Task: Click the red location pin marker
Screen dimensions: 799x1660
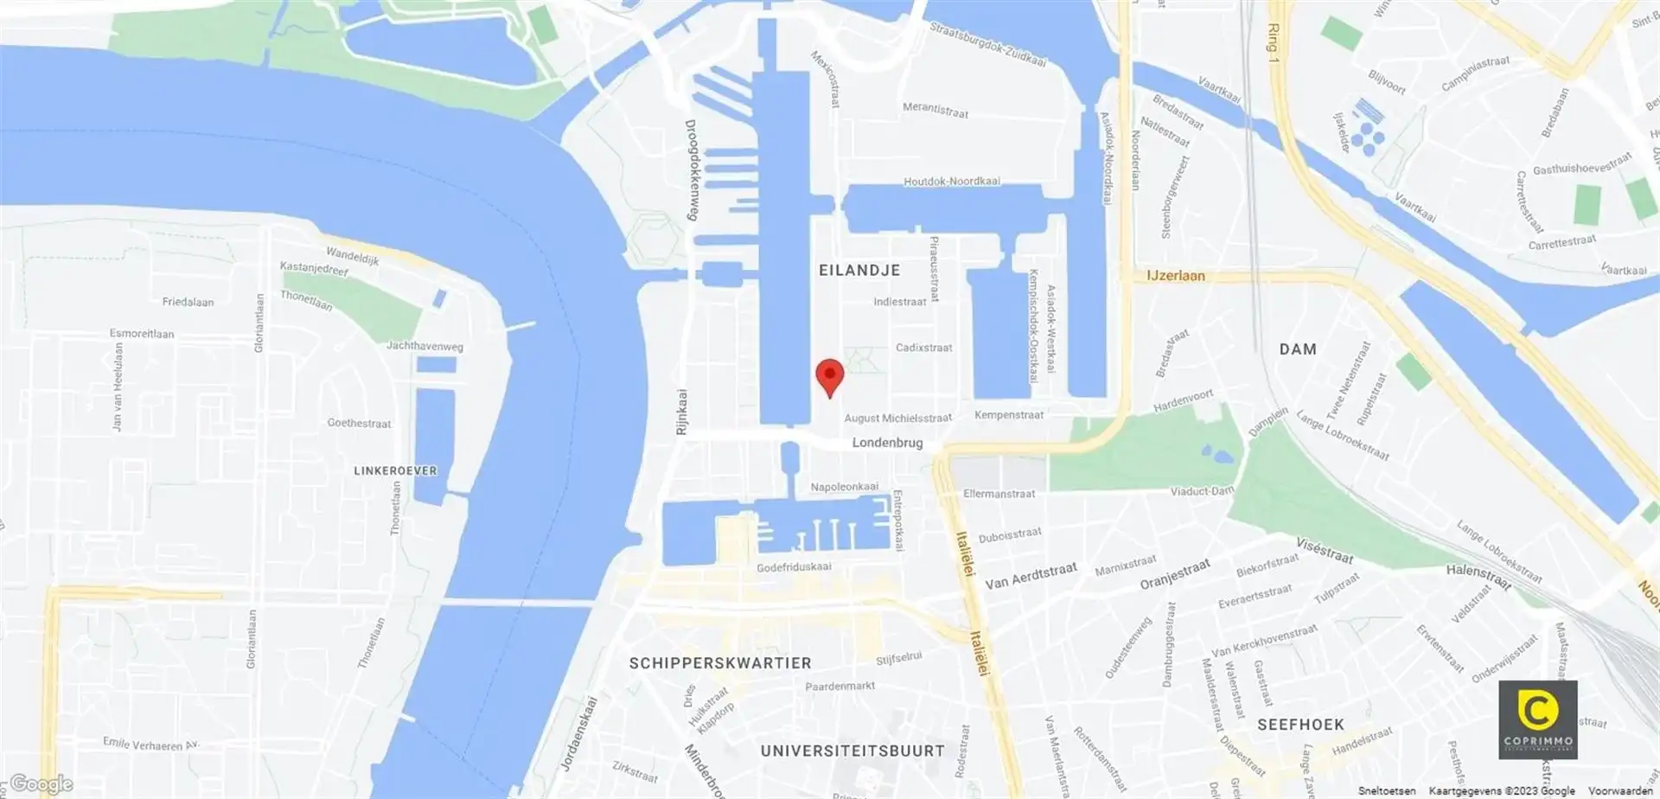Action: coord(830,376)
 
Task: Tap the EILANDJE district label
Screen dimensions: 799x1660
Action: coord(859,271)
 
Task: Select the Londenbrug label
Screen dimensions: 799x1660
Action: coord(887,443)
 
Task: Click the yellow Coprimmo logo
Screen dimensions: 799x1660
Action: coord(1537,719)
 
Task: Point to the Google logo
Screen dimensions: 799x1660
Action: coord(41,784)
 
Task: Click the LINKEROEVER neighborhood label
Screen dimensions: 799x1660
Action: coord(395,471)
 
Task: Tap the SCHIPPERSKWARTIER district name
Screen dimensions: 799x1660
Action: coord(720,663)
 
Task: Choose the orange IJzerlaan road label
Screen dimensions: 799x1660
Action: coord(1175,276)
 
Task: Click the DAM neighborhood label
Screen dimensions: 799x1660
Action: coord(1298,349)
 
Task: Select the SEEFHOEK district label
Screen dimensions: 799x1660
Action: coord(1300,725)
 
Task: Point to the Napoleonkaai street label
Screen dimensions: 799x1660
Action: coord(844,487)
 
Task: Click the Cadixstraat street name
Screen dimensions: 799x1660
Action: coord(923,348)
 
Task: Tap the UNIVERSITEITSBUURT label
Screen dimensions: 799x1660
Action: coord(852,751)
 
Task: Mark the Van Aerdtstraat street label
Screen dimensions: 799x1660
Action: coord(1031,576)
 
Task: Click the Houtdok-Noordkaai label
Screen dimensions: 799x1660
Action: coord(951,182)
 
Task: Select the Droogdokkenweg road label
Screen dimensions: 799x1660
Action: coord(691,169)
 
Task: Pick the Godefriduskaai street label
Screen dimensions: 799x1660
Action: coord(794,567)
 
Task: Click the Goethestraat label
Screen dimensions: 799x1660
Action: coord(359,424)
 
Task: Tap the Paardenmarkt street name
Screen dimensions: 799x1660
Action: coord(840,687)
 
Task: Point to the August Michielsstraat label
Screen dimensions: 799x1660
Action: coord(897,419)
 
